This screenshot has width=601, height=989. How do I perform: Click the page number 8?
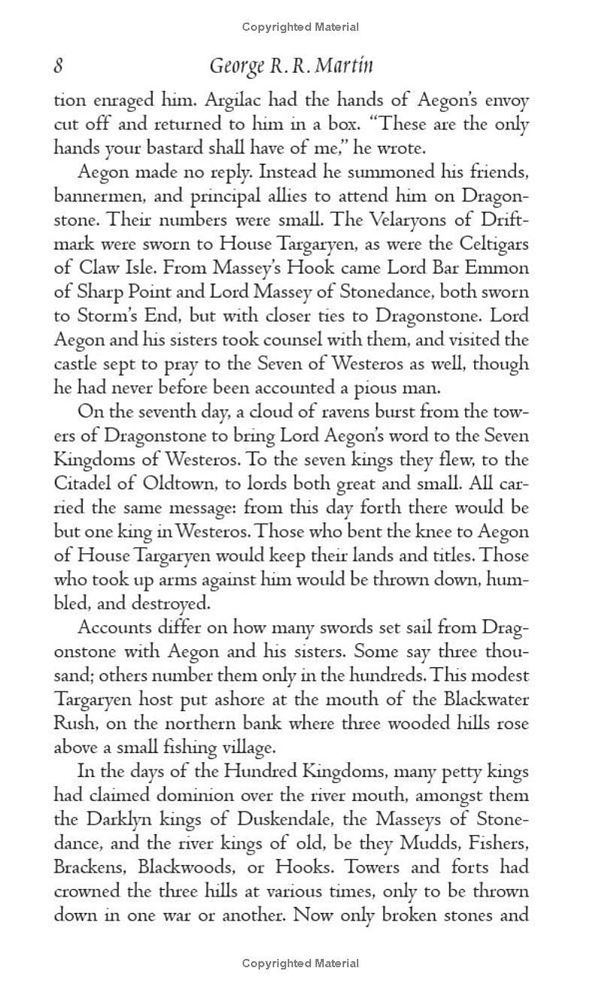tap(58, 67)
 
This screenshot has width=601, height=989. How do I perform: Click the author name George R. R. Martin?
tap(291, 67)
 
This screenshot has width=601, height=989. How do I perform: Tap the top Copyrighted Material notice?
tap(300, 27)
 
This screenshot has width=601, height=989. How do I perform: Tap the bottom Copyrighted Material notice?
tap(300, 963)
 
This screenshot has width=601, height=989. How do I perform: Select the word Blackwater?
tap(483, 700)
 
